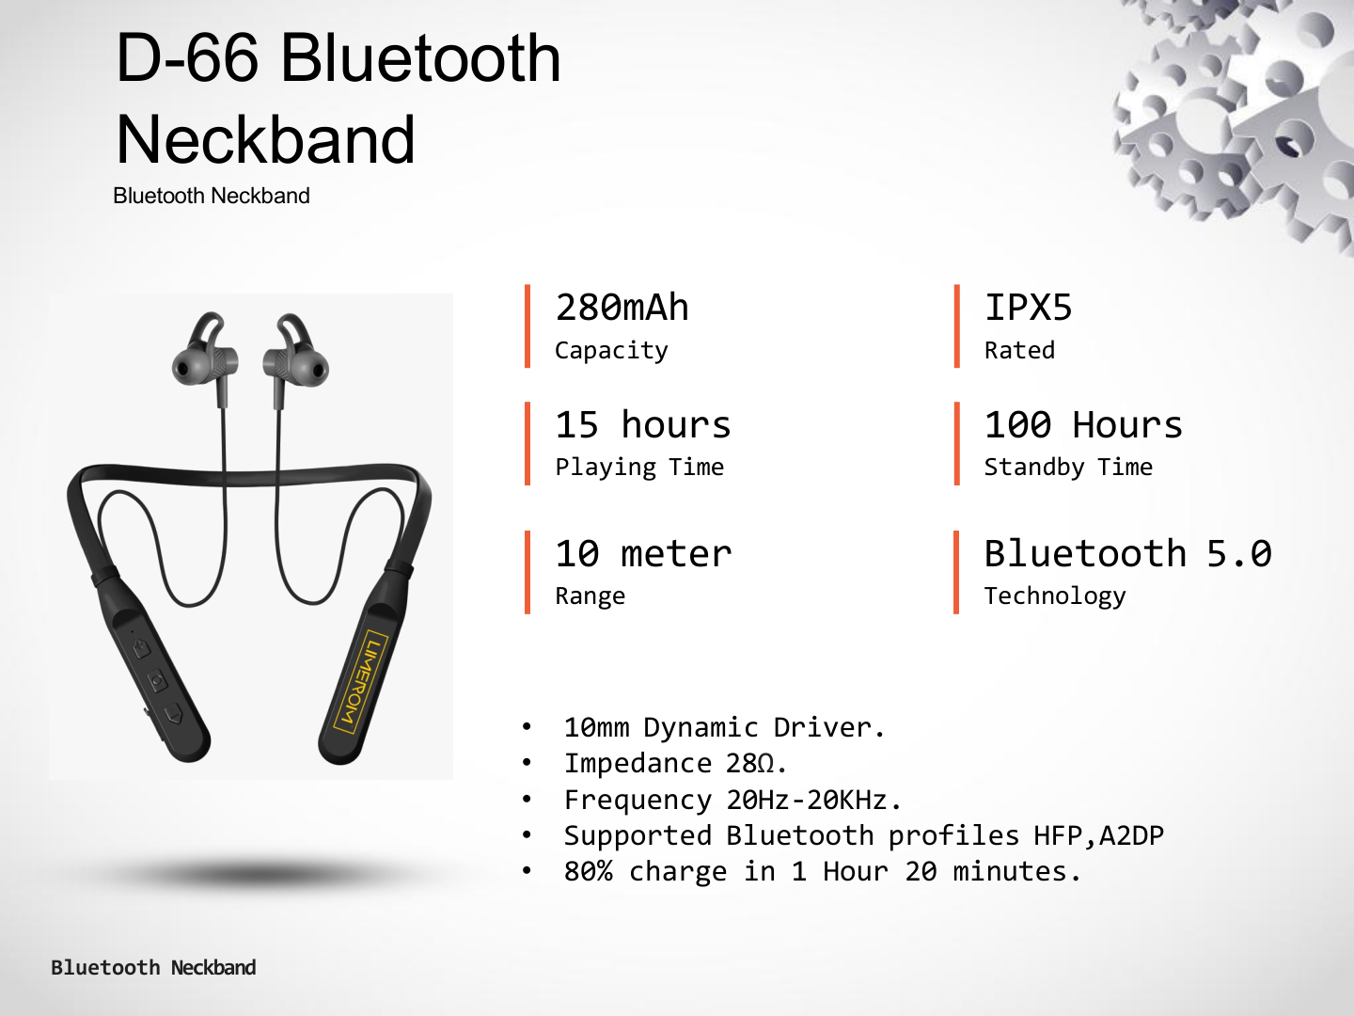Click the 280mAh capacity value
coord(622,308)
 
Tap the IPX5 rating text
coord(1029,308)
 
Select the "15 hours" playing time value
coord(643,424)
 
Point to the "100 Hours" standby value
coord(1083,424)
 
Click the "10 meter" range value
coord(643,553)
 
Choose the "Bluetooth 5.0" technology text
coord(1127,553)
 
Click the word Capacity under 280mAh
coord(611,351)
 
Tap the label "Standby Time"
coord(1068,468)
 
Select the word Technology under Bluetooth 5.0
coord(1055,596)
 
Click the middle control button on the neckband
coord(158,681)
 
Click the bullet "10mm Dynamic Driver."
coord(725,728)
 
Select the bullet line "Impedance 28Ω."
coord(675,764)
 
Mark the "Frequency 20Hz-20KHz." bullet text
coord(732,800)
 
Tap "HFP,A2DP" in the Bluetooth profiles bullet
coord(1098,836)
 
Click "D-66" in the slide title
coord(187,58)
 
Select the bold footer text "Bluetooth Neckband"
coord(153,967)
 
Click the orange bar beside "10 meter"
coord(527,572)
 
